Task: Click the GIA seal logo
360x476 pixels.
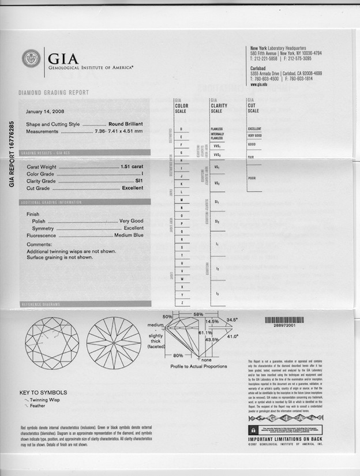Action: (31, 58)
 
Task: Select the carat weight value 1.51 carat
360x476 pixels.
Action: (132, 166)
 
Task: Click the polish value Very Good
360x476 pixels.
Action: (131, 221)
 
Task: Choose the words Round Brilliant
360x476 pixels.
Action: (125, 124)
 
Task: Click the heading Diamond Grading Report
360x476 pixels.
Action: (54, 92)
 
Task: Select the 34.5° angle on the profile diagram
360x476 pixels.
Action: (232, 319)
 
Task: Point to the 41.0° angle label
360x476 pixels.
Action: (232, 336)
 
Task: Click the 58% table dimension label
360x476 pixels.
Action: (198, 313)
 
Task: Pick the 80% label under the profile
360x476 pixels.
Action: (178, 355)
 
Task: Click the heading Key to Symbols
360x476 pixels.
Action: (43, 392)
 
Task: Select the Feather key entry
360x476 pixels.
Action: (37, 406)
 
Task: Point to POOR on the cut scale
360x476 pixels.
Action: (252, 178)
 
